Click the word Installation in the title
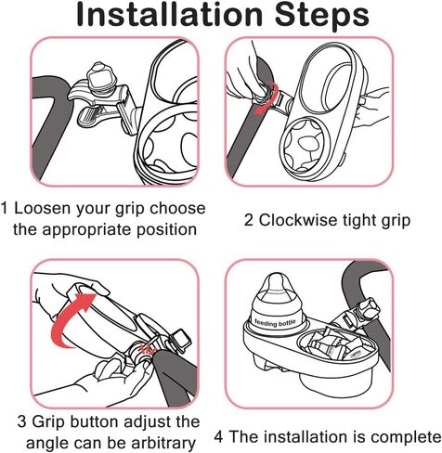click(169, 15)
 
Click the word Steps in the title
click(322, 16)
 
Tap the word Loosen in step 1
click(38, 208)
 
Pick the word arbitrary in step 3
click(162, 443)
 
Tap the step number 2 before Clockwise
click(249, 221)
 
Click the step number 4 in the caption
click(218, 437)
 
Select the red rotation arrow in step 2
click(266, 98)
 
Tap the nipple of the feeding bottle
click(276, 284)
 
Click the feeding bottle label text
click(275, 323)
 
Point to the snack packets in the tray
click(333, 345)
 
